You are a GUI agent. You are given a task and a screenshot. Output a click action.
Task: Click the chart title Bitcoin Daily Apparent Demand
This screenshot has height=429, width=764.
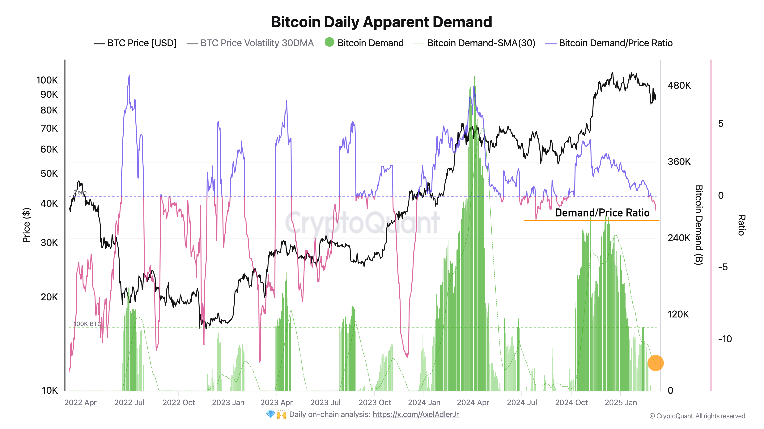click(381, 22)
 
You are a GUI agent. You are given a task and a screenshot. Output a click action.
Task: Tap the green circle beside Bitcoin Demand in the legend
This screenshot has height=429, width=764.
click(329, 42)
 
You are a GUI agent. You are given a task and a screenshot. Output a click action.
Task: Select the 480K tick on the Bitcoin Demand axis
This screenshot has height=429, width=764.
click(679, 86)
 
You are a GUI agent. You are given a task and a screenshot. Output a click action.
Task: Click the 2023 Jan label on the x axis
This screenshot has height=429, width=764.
click(228, 403)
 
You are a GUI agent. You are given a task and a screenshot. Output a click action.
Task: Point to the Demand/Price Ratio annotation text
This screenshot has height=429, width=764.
click(602, 213)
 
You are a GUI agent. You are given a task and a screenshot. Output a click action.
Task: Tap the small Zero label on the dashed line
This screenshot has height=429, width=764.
click(80, 192)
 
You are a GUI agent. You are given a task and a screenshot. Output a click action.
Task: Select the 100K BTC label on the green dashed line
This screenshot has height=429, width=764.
click(87, 324)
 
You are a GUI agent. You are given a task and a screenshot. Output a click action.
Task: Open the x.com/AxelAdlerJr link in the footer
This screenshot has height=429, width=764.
click(416, 415)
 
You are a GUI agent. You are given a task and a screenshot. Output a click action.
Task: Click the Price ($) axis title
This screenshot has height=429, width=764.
click(27, 225)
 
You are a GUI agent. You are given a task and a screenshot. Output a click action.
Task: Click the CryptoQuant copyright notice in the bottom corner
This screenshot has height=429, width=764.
click(697, 416)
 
